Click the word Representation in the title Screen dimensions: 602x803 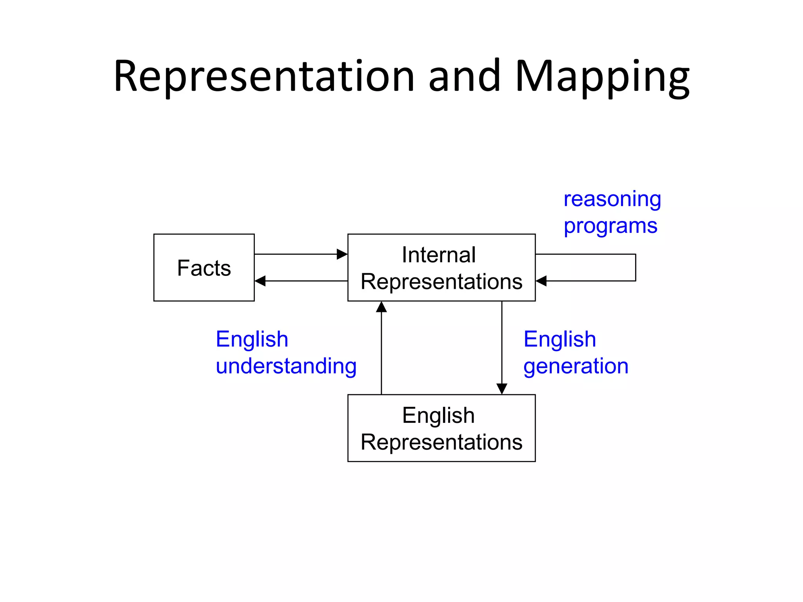pos(264,76)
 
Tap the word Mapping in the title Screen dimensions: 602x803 pos(602,77)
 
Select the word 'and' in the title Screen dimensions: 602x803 pos(464,76)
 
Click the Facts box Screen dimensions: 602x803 pos(204,268)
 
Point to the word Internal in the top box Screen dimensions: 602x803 pos(439,255)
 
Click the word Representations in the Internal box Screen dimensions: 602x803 pos(441,281)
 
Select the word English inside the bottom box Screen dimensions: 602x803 pos(438,415)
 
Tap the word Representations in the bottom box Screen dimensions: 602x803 pos(441,442)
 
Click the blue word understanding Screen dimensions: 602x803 pos(286,366)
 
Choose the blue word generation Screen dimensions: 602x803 pos(576,366)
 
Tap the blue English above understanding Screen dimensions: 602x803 pos(252,339)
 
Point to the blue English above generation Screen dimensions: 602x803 pos(560,339)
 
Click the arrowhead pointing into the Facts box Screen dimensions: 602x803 pos(260,281)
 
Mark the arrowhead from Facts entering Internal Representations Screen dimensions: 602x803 pos(342,254)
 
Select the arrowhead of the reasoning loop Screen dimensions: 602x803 pos(541,281)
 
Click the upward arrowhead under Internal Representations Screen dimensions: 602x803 pos(382,307)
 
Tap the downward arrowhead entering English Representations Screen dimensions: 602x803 pos(502,389)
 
